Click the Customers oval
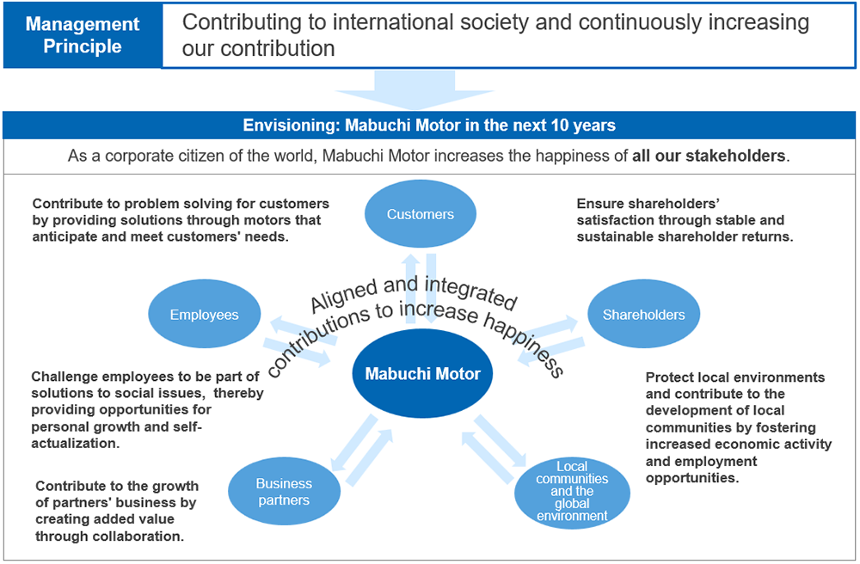(420, 214)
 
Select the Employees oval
(204, 315)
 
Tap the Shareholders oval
(643, 315)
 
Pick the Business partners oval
(284, 492)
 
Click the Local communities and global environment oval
(572, 492)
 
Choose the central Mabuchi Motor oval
(422, 373)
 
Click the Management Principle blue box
(83, 35)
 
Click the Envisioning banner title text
(429, 126)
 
